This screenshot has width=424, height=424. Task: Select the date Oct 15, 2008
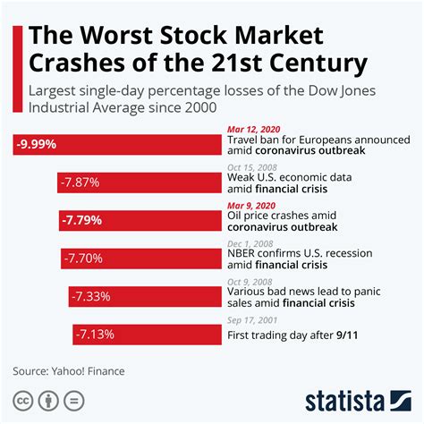click(253, 166)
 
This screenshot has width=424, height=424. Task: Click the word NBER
click(248, 252)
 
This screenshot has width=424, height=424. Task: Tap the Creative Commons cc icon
click(21, 400)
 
